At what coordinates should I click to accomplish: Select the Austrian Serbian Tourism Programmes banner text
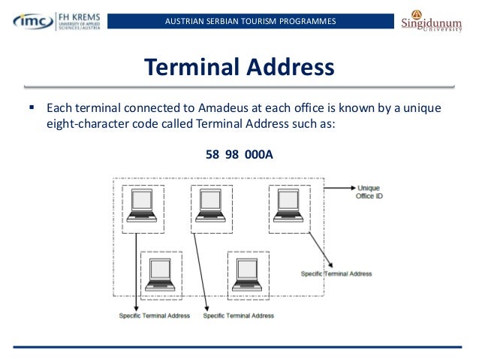tap(250, 20)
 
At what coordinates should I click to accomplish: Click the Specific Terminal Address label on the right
tap(336, 274)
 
